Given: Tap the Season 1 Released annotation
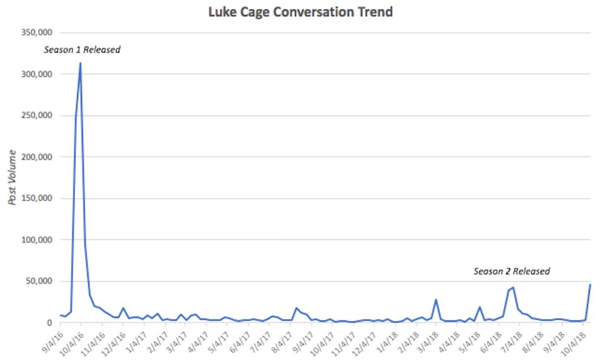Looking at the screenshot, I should tap(82, 50).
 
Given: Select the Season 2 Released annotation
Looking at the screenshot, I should tap(512, 271).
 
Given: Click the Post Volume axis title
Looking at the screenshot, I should tap(13, 177).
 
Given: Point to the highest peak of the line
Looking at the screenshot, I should tap(80, 63).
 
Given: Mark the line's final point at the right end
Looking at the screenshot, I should tap(591, 285).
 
